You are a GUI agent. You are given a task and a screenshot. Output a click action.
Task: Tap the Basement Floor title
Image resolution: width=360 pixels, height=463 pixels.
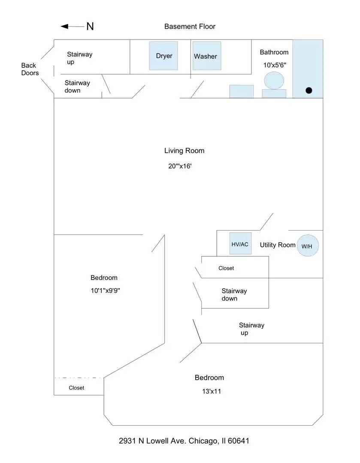[190, 27]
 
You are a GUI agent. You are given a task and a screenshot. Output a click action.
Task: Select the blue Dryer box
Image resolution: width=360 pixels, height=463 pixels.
[163, 56]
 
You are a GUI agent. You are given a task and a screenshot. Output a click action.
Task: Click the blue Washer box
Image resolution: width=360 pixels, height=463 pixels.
[206, 56]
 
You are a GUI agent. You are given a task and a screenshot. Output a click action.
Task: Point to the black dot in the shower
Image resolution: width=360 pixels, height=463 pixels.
[309, 90]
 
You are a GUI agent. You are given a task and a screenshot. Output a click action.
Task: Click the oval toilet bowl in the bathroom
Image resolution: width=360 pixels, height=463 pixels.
[274, 80]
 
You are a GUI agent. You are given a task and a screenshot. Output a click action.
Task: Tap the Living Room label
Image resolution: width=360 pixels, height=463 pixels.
[184, 150]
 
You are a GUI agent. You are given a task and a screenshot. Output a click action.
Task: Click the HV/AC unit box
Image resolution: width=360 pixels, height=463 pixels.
[240, 244]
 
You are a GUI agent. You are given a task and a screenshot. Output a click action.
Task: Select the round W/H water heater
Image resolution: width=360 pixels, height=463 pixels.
[308, 246]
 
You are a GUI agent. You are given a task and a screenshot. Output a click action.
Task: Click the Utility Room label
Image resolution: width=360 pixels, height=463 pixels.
[278, 245]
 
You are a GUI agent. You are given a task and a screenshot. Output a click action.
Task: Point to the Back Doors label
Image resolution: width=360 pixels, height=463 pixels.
[30, 69]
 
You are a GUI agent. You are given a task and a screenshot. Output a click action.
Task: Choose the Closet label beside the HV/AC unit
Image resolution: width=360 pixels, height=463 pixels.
[226, 268]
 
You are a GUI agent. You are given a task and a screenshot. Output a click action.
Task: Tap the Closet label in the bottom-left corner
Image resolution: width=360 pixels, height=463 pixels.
[76, 388]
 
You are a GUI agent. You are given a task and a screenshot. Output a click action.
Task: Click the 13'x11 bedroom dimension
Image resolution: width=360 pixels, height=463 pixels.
[209, 391]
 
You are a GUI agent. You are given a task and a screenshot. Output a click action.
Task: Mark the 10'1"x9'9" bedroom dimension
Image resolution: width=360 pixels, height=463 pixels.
[105, 290]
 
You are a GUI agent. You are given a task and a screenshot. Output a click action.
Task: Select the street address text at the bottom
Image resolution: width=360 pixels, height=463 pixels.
[184, 441]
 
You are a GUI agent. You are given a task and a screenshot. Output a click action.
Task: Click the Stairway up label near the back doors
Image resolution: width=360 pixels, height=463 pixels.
[79, 58]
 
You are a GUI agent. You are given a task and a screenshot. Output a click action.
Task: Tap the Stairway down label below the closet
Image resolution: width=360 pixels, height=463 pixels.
[234, 295]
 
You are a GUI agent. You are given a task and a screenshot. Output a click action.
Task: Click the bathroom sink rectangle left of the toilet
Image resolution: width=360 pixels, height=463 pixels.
[241, 91]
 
